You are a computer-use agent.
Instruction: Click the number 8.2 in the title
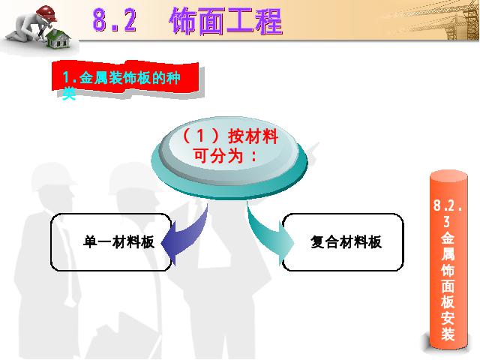114,20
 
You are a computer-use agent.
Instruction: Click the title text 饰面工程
226,21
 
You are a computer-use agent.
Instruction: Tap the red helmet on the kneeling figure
46,12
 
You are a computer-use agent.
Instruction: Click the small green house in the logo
58,39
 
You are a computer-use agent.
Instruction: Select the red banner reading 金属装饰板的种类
125,78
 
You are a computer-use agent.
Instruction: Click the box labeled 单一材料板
111,241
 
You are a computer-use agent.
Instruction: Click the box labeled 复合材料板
342,241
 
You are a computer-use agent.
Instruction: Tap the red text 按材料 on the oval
253,136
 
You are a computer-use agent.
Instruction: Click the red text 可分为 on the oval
218,155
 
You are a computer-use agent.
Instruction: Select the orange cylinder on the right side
448,260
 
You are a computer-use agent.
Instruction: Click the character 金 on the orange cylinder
448,238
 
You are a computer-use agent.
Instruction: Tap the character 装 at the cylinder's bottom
448,333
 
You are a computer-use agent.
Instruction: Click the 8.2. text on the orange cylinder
448,205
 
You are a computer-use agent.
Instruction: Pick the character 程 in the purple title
269,21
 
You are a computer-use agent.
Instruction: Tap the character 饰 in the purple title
183,21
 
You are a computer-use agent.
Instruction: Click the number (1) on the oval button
200,136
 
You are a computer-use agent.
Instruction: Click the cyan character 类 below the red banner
69,93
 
